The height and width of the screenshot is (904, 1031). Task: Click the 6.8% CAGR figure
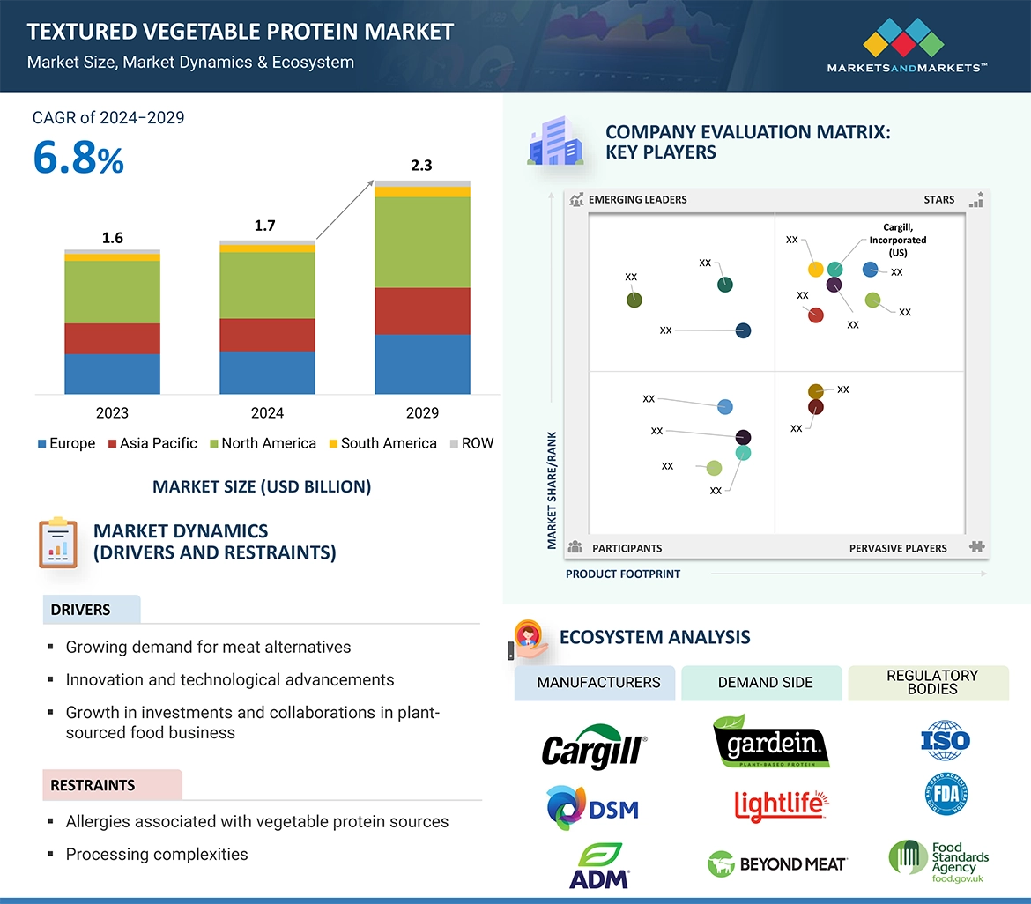point(78,158)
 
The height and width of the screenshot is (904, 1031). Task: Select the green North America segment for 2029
point(422,242)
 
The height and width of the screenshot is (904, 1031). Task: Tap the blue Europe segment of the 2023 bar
point(112,374)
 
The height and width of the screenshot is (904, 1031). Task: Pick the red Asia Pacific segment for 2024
point(267,335)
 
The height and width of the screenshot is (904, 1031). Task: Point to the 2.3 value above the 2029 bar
point(422,166)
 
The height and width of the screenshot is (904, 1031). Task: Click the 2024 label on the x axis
point(267,412)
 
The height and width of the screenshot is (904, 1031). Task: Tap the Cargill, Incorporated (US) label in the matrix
point(897,240)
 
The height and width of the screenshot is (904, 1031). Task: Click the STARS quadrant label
point(938,199)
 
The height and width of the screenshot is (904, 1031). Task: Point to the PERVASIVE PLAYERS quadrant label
point(898,548)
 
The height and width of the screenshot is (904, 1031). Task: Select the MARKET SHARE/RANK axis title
point(553,490)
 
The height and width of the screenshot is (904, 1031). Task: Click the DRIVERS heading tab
point(81,610)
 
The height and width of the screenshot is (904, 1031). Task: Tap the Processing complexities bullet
point(156,854)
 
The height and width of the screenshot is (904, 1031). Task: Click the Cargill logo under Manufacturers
point(594,747)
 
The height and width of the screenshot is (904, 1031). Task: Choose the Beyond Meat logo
point(777,864)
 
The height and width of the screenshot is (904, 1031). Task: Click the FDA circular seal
point(946,794)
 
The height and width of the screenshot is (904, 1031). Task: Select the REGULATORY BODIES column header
point(931,682)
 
